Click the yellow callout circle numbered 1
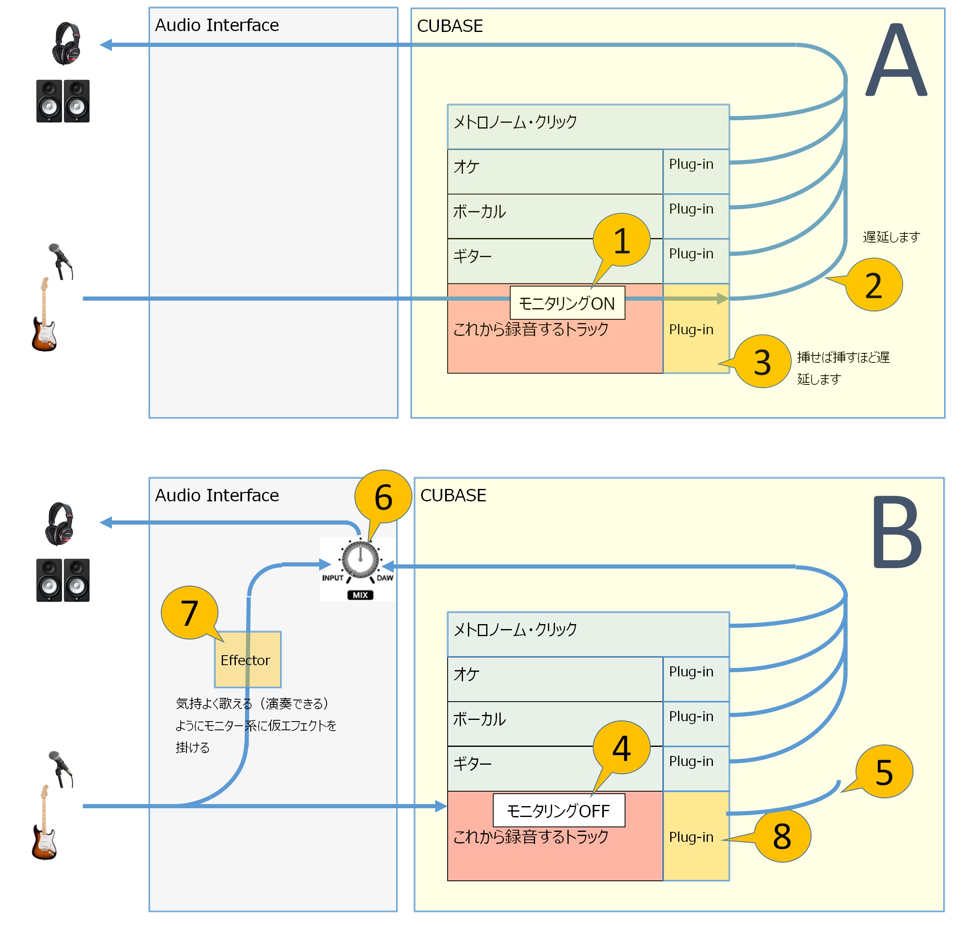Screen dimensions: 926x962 (621, 240)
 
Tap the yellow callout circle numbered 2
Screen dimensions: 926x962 (874, 285)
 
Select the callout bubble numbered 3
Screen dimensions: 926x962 (762, 362)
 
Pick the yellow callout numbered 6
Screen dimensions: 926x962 (383, 497)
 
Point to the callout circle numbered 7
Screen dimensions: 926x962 (189, 613)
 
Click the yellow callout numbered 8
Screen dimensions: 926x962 (782, 836)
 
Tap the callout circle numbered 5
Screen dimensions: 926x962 (884, 772)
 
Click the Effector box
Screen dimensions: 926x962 (248, 659)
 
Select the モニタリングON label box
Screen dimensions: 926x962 (567, 303)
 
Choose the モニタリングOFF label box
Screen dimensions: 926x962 (559, 811)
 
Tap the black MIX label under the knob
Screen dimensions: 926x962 (360, 595)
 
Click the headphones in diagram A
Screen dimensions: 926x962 (66, 43)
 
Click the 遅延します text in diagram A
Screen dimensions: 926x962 (891, 237)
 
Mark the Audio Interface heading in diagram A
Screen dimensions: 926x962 (217, 25)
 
